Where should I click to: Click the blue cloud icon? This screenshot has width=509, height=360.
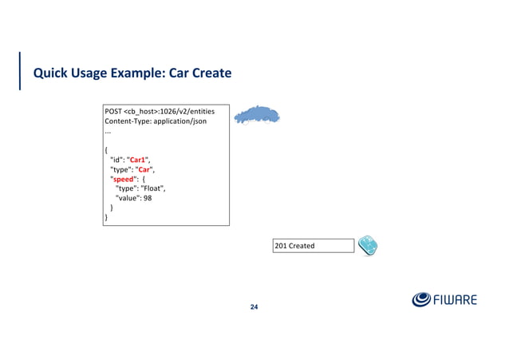coord(257,116)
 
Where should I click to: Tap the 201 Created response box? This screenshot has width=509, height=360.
coord(313,245)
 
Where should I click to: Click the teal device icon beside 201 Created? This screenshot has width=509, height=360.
coord(368,245)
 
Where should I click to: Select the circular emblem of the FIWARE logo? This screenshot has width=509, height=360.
coord(422,300)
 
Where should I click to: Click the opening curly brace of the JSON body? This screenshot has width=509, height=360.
coord(107,148)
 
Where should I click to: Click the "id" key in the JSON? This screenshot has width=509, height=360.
coord(116,158)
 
